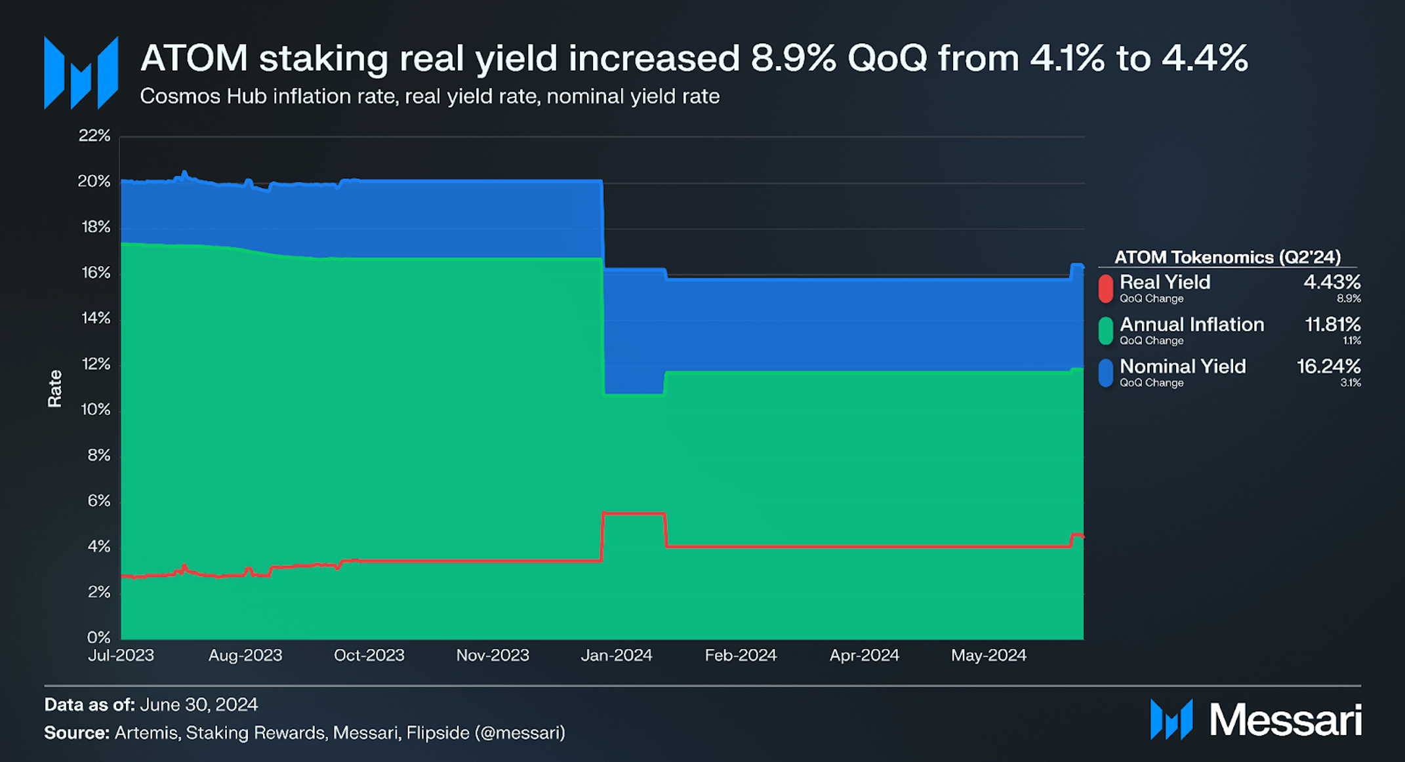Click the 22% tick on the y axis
coord(94,136)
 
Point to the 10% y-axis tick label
coord(96,409)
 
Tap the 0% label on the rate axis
coord(99,637)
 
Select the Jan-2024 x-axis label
coord(617,655)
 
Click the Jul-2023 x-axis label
coord(121,655)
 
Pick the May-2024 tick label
coord(988,655)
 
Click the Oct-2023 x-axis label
coord(369,655)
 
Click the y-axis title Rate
coord(54,388)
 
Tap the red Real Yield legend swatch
coord(1106,289)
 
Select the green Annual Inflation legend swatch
coord(1106,331)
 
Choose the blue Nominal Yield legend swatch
coord(1106,372)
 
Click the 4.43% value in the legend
coord(1332,282)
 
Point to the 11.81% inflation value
coord(1333,324)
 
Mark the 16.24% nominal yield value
coord(1329,366)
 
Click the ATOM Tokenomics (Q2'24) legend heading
coord(1227,256)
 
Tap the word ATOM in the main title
coord(194,58)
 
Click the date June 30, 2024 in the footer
coord(199,704)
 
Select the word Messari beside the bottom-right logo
coord(1286,720)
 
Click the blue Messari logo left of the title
coord(81,73)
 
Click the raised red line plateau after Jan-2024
coord(634,513)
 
